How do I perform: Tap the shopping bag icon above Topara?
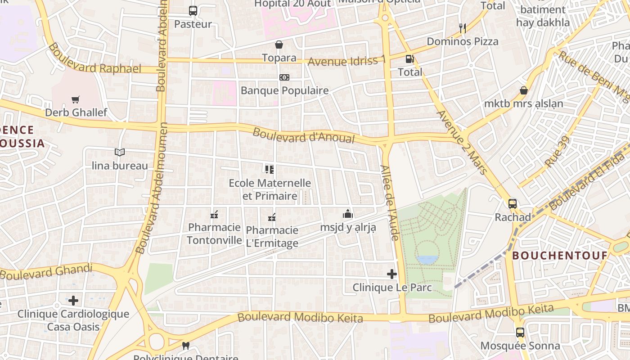click(x=279, y=45)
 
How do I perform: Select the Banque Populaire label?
click(x=284, y=90)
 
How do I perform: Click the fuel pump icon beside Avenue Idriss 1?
click(x=409, y=59)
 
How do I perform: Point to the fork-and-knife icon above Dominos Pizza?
click(x=462, y=28)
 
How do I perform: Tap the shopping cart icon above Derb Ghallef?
click(x=75, y=99)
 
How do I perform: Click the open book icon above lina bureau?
click(x=119, y=153)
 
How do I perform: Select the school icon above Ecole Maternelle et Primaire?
click(x=270, y=170)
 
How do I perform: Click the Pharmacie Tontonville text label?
click(x=214, y=234)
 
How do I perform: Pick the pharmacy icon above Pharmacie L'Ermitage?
click(x=272, y=217)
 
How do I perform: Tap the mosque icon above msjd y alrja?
click(x=348, y=214)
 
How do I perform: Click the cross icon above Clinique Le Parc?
click(x=392, y=274)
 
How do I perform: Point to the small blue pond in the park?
click(x=427, y=260)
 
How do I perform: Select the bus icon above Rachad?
click(x=513, y=204)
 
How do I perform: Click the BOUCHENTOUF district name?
click(x=560, y=256)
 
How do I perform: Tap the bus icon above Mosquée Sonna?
click(x=520, y=333)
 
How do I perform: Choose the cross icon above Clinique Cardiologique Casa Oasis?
click(x=73, y=300)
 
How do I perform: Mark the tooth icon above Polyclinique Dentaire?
click(x=185, y=346)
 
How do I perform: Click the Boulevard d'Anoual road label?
click(x=303, y=136)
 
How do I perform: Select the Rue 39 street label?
click(x=557, y=152)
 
